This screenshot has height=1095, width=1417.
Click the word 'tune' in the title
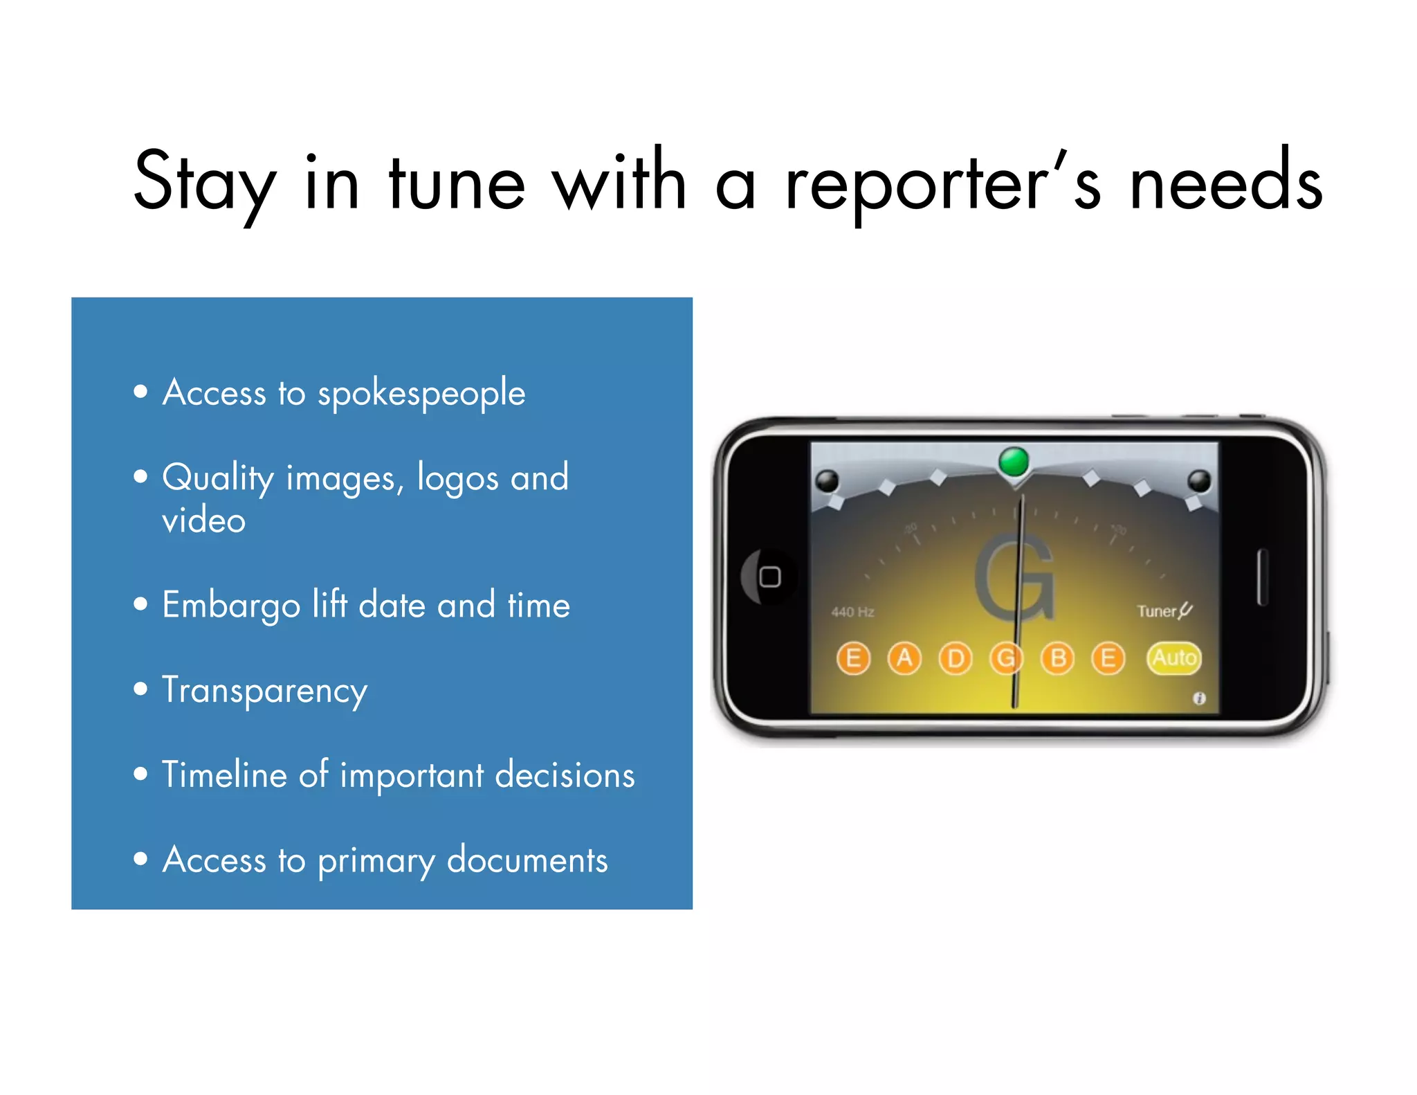(457, 183)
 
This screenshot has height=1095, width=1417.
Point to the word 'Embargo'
(231, 606)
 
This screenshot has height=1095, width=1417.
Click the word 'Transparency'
(264, 691)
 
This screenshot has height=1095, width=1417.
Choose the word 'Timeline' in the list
(224, 775)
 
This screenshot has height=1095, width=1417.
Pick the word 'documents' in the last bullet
(527, 860)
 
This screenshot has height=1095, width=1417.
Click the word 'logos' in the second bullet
(457, 478)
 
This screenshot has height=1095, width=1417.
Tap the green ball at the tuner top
(1014, 460)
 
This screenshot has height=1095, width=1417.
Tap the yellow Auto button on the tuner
(1174, 658)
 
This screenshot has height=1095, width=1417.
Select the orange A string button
(904, 658)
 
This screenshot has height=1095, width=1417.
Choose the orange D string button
(956, 658)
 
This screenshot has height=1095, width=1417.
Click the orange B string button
(1057, 658)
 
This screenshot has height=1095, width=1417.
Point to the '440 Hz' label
(852, 612)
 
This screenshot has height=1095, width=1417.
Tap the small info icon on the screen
(1199, 698)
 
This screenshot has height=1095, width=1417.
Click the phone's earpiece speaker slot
(1262, 577)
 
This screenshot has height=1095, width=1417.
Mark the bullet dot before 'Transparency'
(141, 689)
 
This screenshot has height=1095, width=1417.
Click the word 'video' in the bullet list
(204, 521)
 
